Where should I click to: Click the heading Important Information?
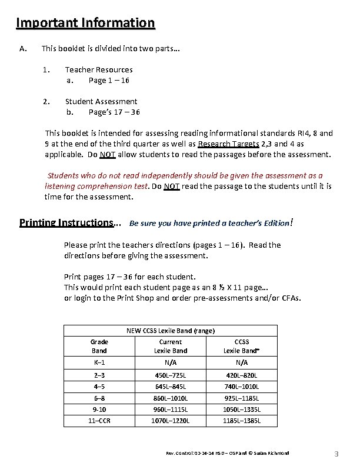click(85, 24)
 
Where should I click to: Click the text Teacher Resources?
click(99, 69)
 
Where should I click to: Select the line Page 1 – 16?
click(109, 80)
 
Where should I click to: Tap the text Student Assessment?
click(101, 101)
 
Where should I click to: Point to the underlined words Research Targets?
click(229, 144)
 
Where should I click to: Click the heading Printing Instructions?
click(66, 223)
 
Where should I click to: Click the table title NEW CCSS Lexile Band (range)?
click(171, 331)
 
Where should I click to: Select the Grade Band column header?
click(99, 346)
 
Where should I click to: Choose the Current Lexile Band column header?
click(171, 346)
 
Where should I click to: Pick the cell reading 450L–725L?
click(171, 375)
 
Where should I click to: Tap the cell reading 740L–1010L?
click(242, 387)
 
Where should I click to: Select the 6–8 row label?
click(99, 398)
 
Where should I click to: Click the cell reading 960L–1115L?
click(171, 410)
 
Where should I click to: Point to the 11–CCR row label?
click(99, 421)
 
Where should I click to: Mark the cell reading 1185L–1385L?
click(242, 421)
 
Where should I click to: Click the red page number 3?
click(336, 454)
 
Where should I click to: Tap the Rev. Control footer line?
click(228, 452)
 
